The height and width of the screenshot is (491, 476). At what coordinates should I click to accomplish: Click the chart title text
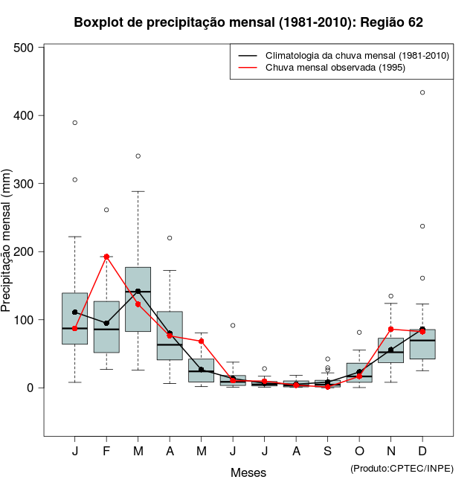pyautogui.click(x=248, y=22)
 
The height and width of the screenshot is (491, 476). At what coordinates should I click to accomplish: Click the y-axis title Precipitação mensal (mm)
pyautogui.click(x=7, y=240)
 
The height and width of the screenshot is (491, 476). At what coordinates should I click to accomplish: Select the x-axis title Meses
pyautogui.click(x=248, y=472)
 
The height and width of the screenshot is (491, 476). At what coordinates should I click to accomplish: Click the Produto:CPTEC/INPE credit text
pyautogui.click(x=401, y=468)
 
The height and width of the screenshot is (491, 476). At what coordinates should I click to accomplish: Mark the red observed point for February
pyautogui.click(x=106, y=257)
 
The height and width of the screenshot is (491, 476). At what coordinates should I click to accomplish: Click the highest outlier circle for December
pyautogui.click(x=422, y=92)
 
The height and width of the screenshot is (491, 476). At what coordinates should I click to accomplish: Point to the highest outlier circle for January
pyautogui.click(x=75, y=123)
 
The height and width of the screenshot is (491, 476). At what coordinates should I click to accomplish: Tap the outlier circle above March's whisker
pyautogui.click(x=138, y=156)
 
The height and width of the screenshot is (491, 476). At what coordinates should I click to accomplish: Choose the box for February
pyautogui.click(x=106, y=327)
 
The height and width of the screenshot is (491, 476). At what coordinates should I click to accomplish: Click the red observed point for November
pyautogui.click(x=391, y=329)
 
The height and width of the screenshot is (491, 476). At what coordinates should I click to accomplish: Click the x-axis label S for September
pyautogui.click(x=328, y=452)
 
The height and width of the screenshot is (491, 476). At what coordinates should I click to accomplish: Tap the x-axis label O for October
pyautogui.click(x=359, y=452)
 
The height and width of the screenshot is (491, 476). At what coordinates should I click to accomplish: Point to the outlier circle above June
pyautogui.click(x=233, y=325)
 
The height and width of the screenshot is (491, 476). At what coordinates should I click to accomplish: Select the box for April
pyautogui.click(x=170, y=336)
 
